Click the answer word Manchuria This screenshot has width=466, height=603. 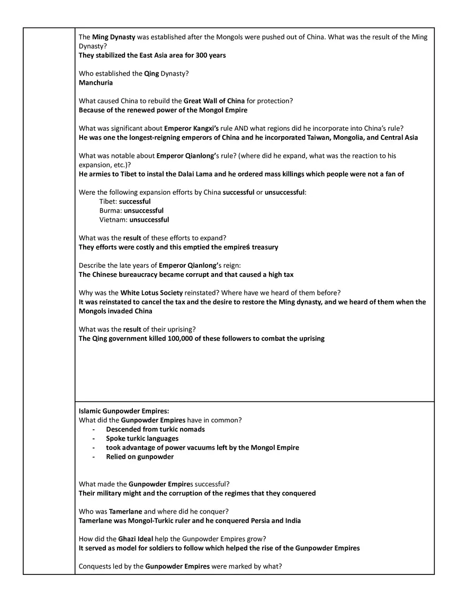96,83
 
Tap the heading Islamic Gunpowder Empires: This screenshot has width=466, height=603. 124,411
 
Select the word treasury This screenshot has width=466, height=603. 265,247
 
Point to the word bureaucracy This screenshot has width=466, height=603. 145,275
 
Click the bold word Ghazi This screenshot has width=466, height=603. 129,539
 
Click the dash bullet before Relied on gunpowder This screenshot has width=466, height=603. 94,457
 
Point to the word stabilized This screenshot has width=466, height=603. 111,55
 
